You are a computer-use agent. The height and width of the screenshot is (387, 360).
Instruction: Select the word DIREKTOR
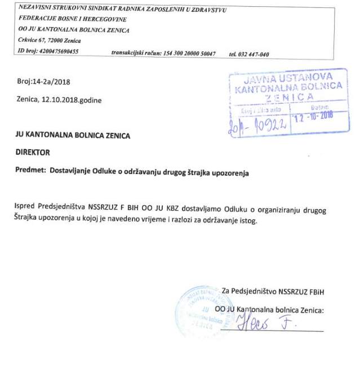click(33, 152)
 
